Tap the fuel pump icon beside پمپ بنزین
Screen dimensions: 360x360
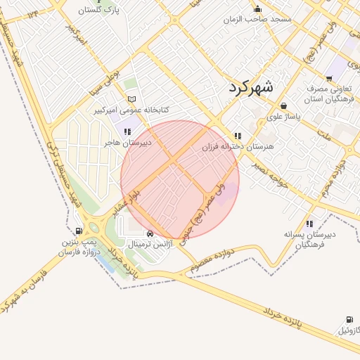(x=78, y=231)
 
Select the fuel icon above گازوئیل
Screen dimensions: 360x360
(x=349, y=319)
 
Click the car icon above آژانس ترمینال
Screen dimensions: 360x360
(x=150, y=234)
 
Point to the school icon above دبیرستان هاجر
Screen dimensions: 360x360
(x=127, y=131)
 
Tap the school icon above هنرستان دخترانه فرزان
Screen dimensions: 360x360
(x=238, y=136)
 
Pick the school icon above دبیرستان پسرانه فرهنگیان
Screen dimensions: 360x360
(x=310, y=224)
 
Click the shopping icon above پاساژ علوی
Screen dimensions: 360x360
(x=283, y=105)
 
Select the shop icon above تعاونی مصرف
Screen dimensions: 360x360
(x=329, y=78)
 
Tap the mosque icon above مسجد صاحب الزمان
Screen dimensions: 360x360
(x=257, y=9)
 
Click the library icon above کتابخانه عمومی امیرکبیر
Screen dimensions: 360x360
(x=132, y=99)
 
